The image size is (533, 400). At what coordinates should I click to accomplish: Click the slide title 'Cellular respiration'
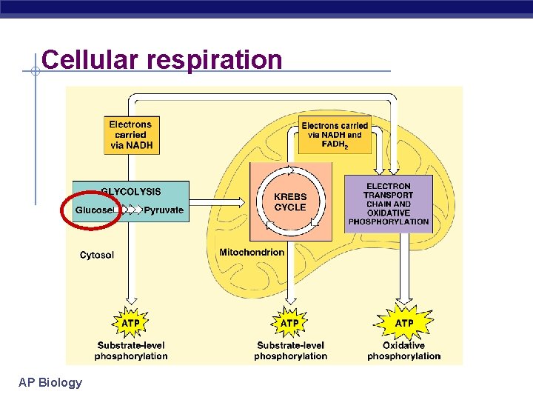click(x=162, y=59)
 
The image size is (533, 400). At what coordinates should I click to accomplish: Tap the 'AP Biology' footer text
click(x=50, y=382)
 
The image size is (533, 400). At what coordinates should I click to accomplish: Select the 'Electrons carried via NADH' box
click(x=131, y=136)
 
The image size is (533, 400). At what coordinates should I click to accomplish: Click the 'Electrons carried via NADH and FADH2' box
click(x=335, y=135)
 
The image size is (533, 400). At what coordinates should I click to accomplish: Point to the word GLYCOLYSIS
click(x=131, y=192)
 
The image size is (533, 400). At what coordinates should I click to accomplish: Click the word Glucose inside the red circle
click(x=95, y=210)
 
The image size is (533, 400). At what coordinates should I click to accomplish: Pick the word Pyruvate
click(x=164, y=210)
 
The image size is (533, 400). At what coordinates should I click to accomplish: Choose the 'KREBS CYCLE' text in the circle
click(x=290, y=202)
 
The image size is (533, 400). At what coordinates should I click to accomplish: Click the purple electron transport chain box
click(x=389, y=204)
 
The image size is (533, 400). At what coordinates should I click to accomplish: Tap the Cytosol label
click(x=97, y=256)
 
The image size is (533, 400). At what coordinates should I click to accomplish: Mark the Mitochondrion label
click(x=252, y=253)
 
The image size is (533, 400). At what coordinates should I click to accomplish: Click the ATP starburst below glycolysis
click(x=131, y=323)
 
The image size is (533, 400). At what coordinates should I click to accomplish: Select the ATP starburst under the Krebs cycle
click(x=290, y=323)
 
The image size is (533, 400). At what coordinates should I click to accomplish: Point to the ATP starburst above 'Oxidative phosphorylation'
click(x=404, y=323)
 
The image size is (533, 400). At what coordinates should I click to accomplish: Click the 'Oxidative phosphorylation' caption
click(x=404, y=350)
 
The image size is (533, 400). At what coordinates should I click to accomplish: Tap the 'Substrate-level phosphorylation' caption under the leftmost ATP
click(x=131, y=350)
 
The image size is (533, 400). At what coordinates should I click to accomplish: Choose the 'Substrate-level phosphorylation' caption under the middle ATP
click(x=290, y=350)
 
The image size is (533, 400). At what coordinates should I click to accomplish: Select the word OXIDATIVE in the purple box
click(x=389, y=213)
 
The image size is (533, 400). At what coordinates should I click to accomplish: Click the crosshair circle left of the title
click(x=35, y=72)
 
